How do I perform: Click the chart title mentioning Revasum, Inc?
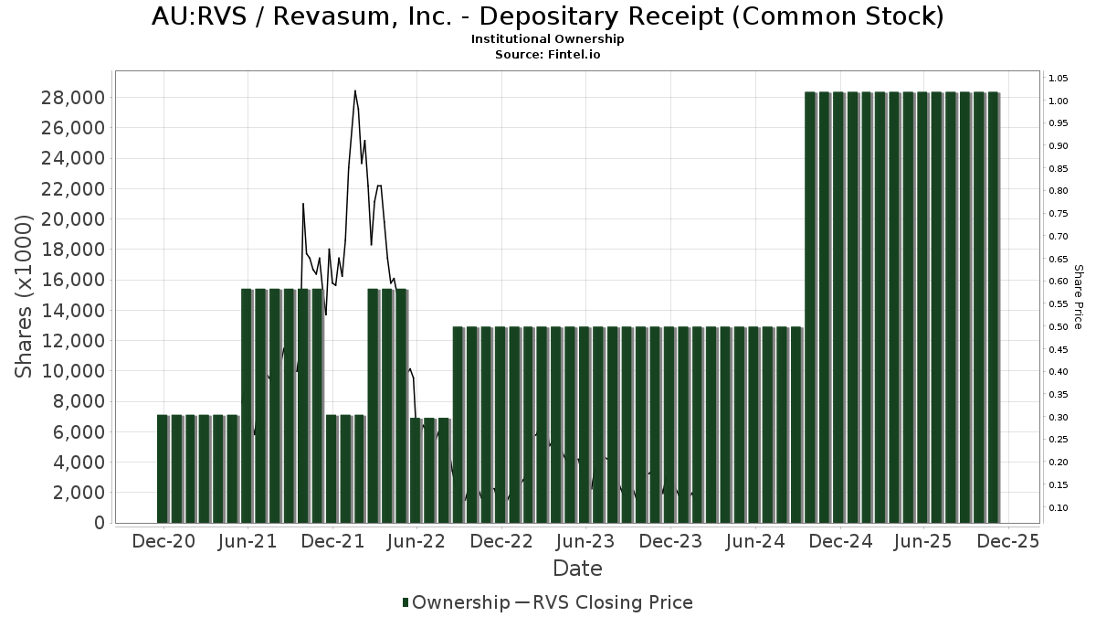[548, 16]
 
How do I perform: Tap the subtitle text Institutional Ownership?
[548, 39]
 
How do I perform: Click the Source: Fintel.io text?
[548, 54]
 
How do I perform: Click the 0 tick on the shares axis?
[97, 523]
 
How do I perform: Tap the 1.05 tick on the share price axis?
[1059, 79]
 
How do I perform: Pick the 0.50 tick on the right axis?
[1059, 327]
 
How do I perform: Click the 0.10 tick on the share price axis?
[1059, 508]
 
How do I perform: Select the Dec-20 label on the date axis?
[163, 542]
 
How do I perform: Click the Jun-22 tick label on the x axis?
[416, 542]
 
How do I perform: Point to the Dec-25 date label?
[1008, 542]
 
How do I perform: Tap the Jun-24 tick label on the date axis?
[754, 542]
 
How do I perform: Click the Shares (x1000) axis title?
[25, 297]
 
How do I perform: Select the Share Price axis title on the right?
[1078, 297]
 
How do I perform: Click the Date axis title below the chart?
[577, 569]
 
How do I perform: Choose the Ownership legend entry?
[456, 602]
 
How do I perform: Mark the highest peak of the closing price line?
[354, 90]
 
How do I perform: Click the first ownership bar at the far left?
[163, 469]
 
